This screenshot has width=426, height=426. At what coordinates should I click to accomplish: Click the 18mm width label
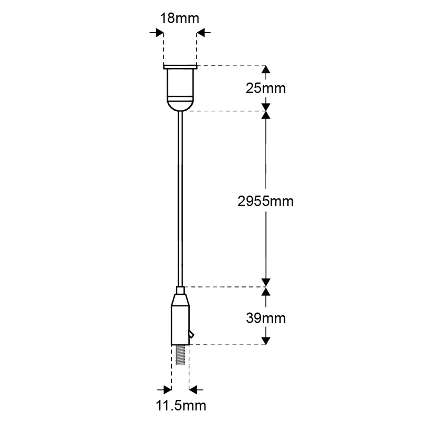click(x=180, y=18)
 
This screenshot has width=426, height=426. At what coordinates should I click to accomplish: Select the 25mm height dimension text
click(x=266, y=89)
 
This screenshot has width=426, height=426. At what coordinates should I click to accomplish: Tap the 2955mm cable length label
click(x=265, y=202)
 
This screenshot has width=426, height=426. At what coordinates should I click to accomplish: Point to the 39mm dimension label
click(x=266, y=318)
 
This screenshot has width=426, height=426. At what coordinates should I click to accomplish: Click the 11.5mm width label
click(x=181, y=406)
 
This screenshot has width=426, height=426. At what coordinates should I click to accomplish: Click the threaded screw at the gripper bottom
click(x=180, y=355)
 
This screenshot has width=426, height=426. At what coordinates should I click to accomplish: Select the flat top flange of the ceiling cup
click(x=180, y=67)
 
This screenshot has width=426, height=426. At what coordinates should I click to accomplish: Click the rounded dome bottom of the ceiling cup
click(x=180, y=106)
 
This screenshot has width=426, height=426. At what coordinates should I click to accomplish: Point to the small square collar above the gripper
click(x=181, y=290)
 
